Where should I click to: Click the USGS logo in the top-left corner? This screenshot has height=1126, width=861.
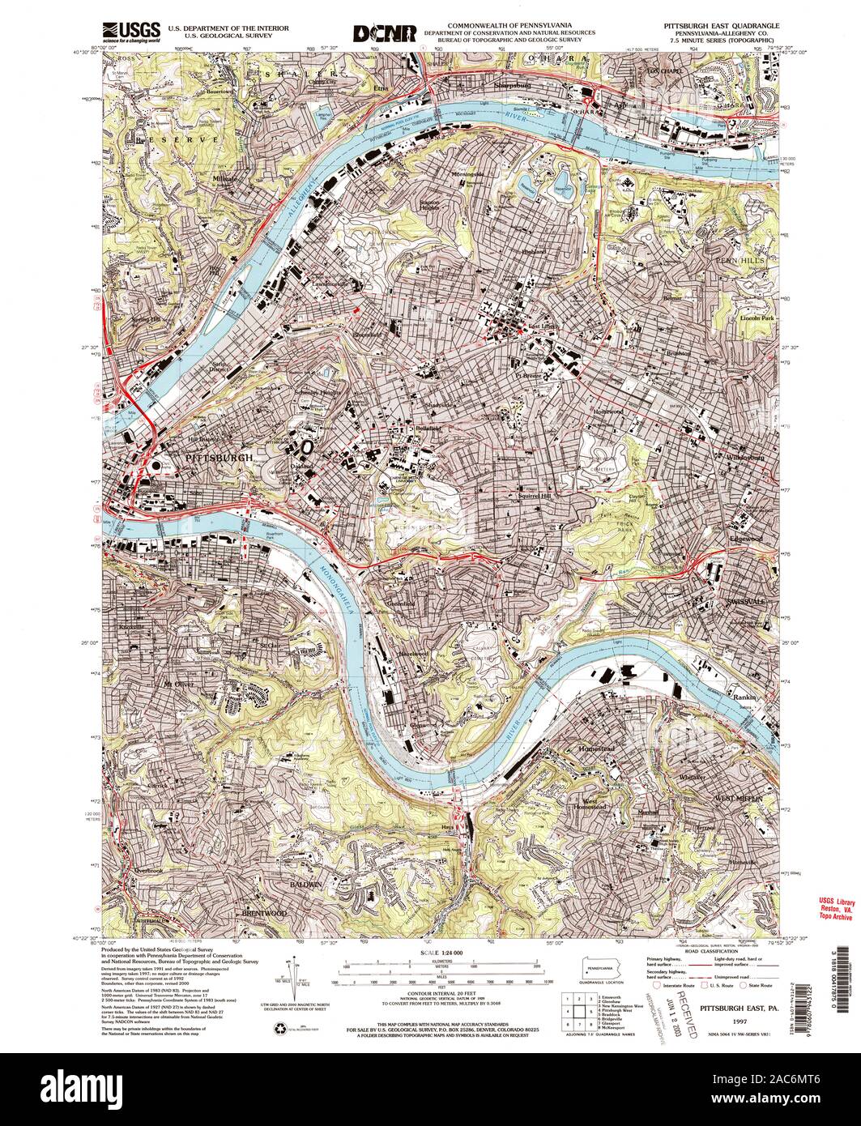[x=130, y=31]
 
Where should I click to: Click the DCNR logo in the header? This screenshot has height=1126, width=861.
[x=385, y=33]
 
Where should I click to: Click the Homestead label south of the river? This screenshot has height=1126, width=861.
[x=598, y=749]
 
